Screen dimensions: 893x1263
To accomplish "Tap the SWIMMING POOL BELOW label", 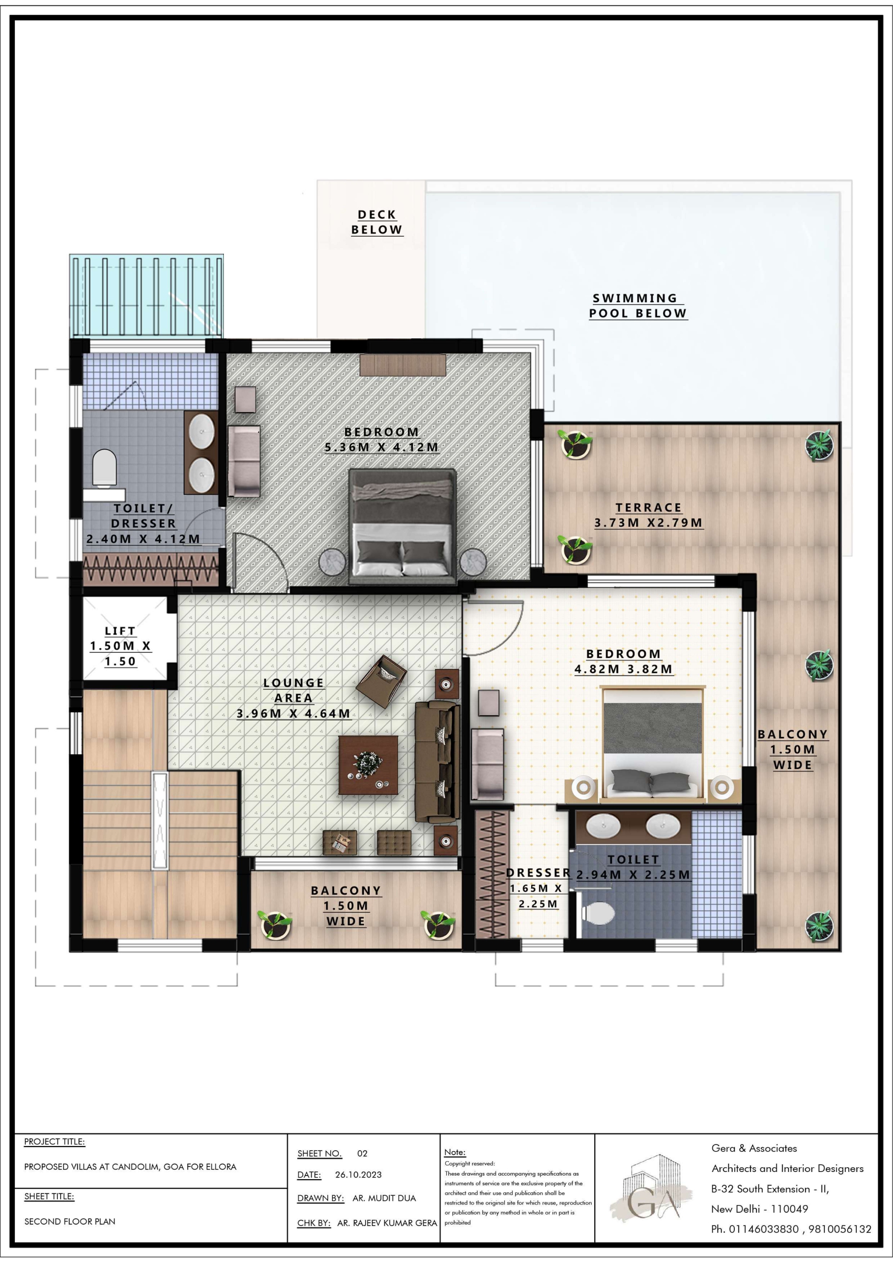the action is coord(638,306).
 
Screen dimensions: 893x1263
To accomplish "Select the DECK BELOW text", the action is coord(377,222).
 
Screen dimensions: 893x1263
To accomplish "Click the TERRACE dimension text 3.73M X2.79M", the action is coord(649,523).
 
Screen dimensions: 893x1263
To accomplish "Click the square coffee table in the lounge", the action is coord(368,765).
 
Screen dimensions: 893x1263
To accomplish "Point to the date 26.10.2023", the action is coord(358,1174).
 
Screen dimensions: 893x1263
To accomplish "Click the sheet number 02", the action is coord(362,1154).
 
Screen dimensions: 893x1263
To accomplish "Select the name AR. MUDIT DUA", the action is coord(384,1198).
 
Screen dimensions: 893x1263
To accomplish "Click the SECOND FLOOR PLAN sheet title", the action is coord(70,1221).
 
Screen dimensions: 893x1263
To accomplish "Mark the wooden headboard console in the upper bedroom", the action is coord(403,365).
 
